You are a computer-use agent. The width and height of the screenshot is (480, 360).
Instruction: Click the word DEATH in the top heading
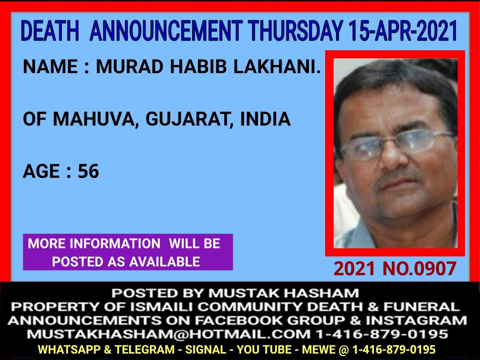pyautogui.click(x=50, y=31)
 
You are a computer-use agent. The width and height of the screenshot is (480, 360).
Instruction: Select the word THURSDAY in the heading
pyautogui.click(x=297, y=31)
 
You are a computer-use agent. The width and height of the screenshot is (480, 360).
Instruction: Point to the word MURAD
pyautogui.click(x=131, y=67)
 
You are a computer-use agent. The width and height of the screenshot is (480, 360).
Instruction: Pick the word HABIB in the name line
pyautogui.click(x=198, y=67)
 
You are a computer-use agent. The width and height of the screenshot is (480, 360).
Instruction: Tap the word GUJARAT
pyautogui.click(x=186, y=120)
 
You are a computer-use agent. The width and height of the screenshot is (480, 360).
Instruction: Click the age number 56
pyautogui.click(x=88, y=171)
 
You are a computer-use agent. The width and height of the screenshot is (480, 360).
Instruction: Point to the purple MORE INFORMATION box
pyautogui.click(x=128, y=252)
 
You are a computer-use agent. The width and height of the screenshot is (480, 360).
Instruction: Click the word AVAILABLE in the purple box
pyautogui.click(x=165, y=261)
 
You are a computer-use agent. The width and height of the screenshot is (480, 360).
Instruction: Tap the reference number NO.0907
pyautogui.click(x=419, y=268)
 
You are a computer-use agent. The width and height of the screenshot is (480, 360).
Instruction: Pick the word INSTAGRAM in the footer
pyautogui.click(x=417, y=321)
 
